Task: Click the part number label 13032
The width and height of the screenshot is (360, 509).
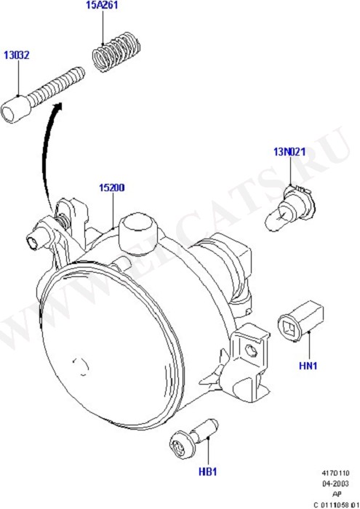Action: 16,55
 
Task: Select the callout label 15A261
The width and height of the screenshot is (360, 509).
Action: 102,5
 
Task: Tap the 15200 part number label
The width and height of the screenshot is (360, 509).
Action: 112,188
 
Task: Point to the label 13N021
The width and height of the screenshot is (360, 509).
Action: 289,151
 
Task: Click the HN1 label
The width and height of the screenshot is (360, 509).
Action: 308,366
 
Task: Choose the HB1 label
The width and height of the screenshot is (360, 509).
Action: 207,472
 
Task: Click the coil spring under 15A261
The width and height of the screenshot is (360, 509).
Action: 116,52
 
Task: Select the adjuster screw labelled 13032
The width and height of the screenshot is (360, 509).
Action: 43,95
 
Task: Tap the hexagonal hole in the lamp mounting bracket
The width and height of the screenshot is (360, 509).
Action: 252,350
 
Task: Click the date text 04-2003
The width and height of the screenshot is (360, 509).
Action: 335,484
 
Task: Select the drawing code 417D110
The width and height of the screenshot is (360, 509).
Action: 335,473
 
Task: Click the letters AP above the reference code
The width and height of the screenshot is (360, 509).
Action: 337,494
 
